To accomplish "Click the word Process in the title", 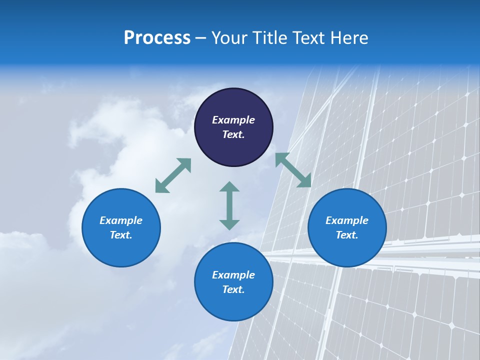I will click(157, 38).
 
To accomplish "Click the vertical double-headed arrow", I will click(229, 205).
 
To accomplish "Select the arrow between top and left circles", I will click(173, 175).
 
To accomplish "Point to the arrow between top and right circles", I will click(293, 170).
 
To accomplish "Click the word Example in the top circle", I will click(233, 120).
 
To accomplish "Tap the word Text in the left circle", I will click(121, 235).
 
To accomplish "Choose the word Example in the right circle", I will click(347, 220).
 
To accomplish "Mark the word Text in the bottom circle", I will click(233, 289).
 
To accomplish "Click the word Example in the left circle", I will click(121, 220).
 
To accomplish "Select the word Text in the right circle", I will click(347, 235).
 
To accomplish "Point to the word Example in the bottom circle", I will click(233, 275).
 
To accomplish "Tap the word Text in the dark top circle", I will click(233, 134).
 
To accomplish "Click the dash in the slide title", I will click(201, 38).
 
